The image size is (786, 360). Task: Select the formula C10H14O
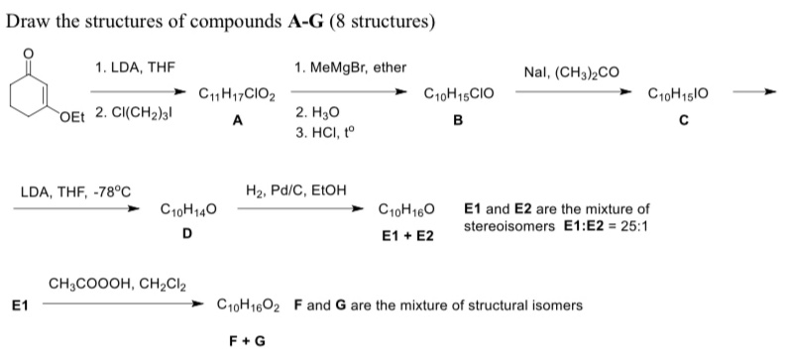pos(189,211)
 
